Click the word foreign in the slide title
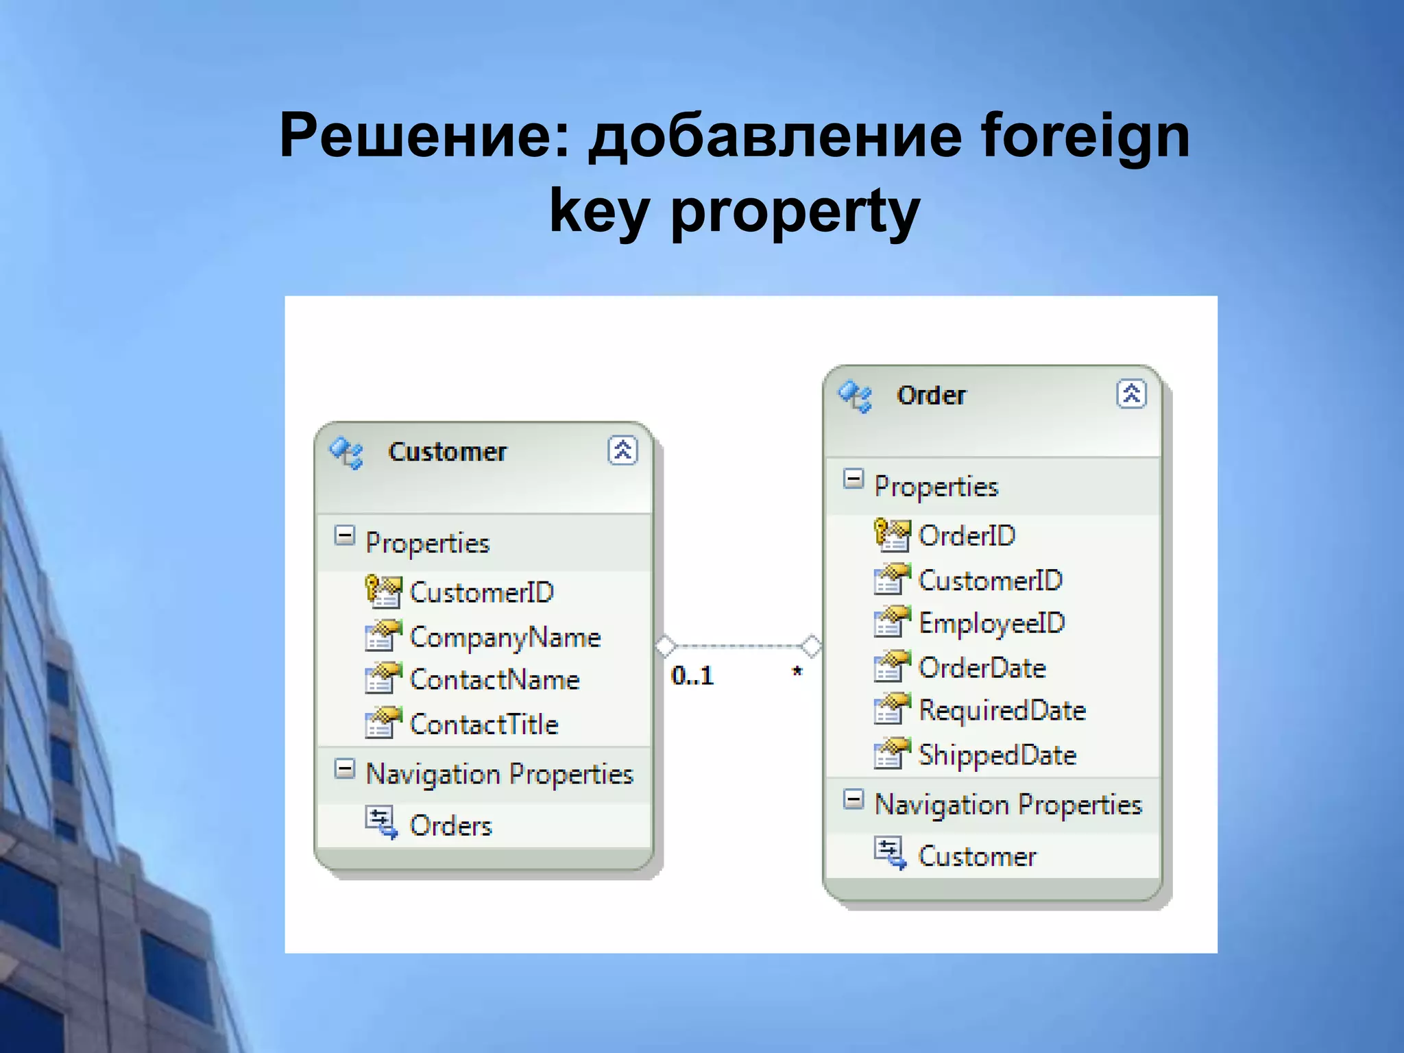coord(1085,137)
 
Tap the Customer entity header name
coord(447,452)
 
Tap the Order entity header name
coord(931,396)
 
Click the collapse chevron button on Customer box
coord(622,450)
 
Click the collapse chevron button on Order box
coord(1131,394)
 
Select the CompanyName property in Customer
coord(505,638)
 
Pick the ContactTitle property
coord(484,725)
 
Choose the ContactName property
coord(494,680)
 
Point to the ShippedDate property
coord(997,755)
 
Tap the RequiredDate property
coord(1002,711)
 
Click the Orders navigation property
coord(450,826)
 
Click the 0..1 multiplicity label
coord(692,676)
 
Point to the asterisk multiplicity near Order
coord(797,673)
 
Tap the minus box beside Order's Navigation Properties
coord(853,799)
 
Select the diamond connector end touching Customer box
coord(665,646)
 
